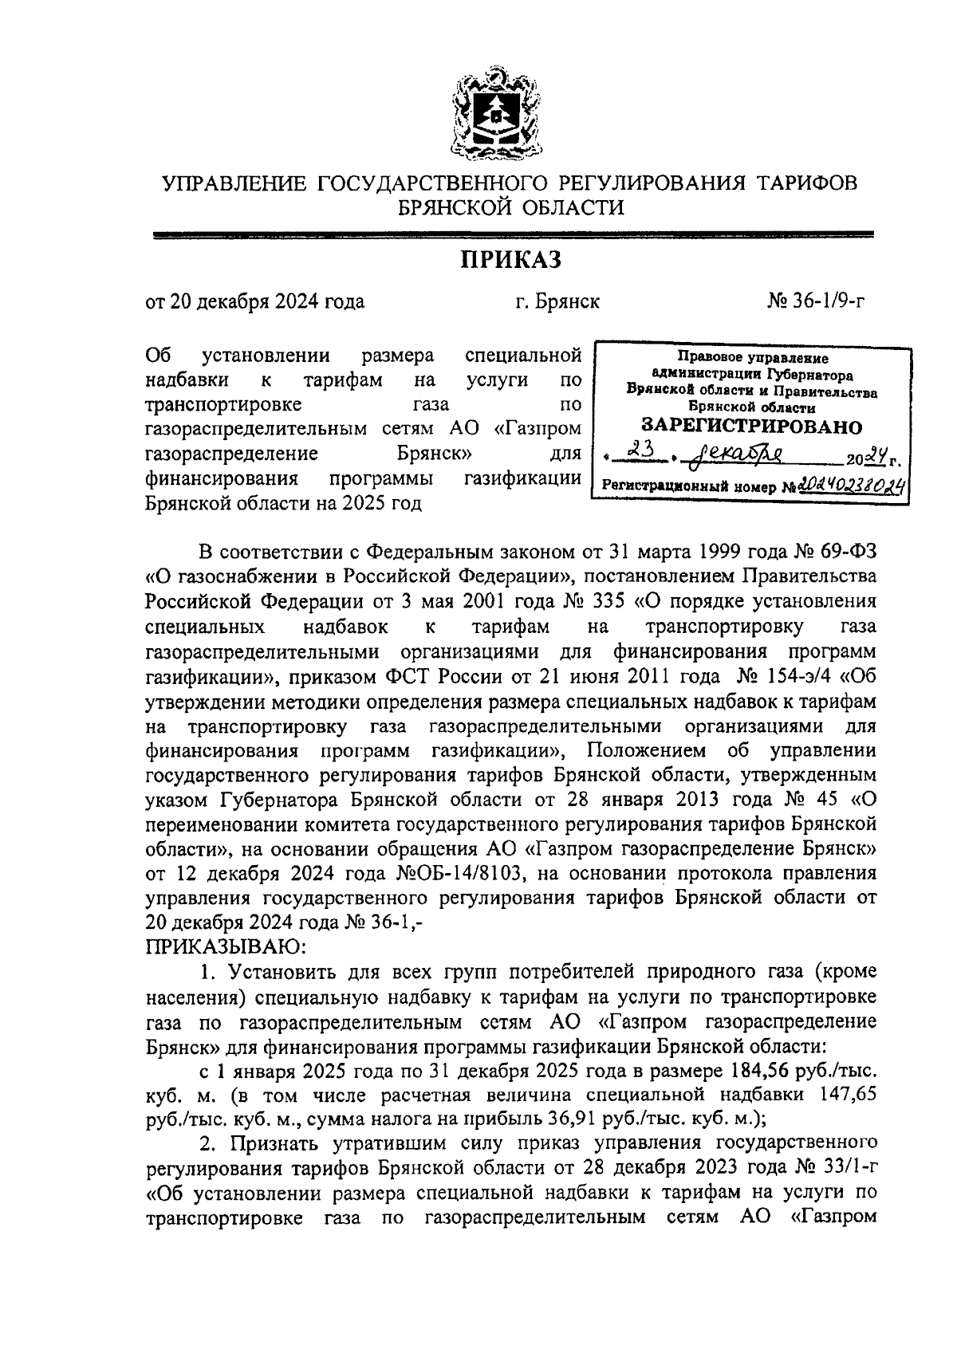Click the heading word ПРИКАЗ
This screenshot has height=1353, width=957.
pos(510,261)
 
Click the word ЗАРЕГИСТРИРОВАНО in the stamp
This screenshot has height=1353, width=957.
pos(752,426)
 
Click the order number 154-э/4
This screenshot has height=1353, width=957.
pos(808,678)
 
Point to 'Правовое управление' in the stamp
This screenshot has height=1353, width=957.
pos(753,359)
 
